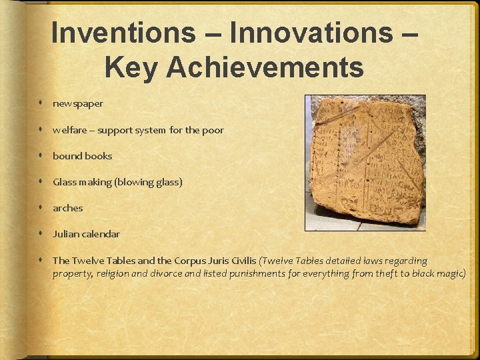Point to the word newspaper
[78, 104]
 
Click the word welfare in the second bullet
[68, 130]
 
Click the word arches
[68, 208]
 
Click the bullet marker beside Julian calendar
[41, 234]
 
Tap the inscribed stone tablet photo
[365, 163]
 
